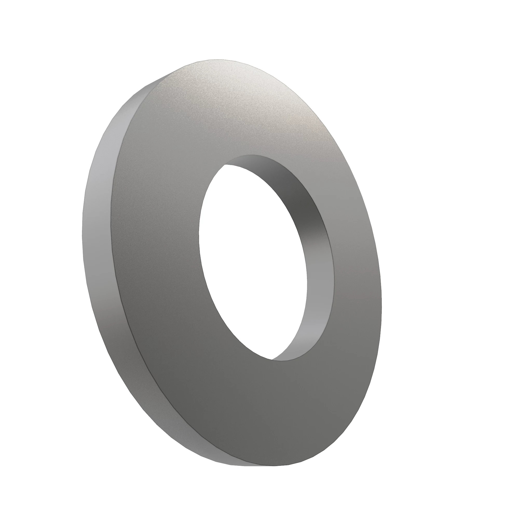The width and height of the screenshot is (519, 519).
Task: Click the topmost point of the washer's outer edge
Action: [x=218, y=60]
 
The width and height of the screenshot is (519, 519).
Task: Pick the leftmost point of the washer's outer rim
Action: [x=82, y=236]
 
